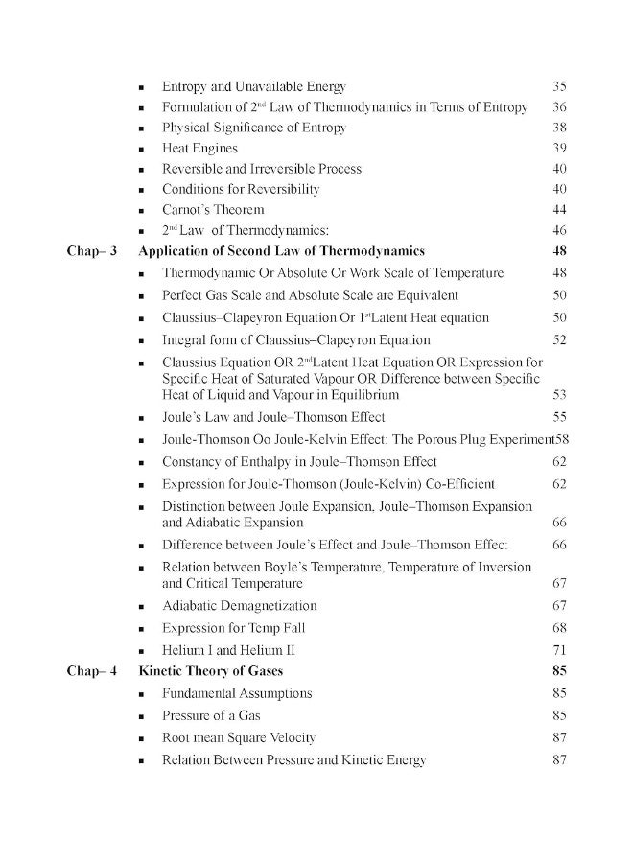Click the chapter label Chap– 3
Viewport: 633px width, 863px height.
(x=91, y=251)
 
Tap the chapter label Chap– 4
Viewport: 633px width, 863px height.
(x=91, y=671)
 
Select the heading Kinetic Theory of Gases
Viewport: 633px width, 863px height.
(x=211, y=671)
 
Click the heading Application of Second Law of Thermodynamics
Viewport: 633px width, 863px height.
(x=282, y=251)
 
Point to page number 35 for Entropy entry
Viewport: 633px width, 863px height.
(x=560, y=86)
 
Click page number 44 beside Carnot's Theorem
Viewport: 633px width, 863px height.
(x=560, y=210)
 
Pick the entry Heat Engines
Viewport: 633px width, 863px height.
(x=199, y=149)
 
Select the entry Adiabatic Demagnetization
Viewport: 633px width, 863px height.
(x=239, y=606)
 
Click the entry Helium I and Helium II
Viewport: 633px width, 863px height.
(x=219, y=650)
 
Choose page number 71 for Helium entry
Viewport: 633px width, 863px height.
(x=560, y=650)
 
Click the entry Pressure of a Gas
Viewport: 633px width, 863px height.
(x=211, y=715)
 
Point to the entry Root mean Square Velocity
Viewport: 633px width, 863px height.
(x=238, y=738)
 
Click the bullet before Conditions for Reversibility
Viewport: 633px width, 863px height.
(x=142, y=190)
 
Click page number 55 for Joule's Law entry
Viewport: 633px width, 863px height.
(x=560, y=417)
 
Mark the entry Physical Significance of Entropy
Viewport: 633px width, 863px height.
(x=253, y=128)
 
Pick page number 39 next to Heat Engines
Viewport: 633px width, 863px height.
(x=560, y=149)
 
